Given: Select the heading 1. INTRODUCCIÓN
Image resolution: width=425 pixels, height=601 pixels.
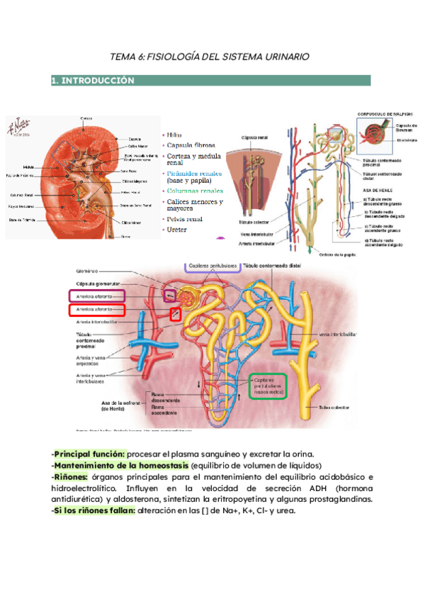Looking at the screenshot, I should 93,81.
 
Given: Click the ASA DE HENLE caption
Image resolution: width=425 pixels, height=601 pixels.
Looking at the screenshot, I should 378,191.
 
